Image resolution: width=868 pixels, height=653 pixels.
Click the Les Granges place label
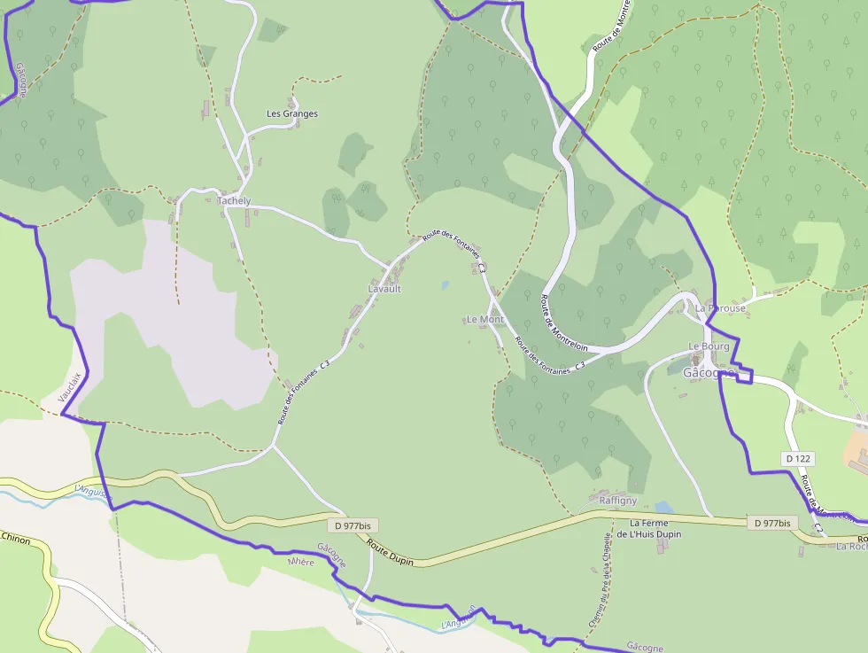[x=292, y=113]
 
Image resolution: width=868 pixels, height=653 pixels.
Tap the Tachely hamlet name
[x=235, y=201]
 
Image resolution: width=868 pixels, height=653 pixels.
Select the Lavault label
[x=384, y=289]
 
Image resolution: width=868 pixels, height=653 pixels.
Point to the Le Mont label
[x=484, y=319]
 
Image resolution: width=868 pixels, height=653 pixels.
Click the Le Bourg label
[x=709, y=346]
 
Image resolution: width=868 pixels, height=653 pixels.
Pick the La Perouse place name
[x=720, y=308]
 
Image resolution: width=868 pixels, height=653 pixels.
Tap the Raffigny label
[x=618, y=501]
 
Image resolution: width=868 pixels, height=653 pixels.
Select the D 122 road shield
[x=798, y=458]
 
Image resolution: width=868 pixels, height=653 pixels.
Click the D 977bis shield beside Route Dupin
[x=348, y=525]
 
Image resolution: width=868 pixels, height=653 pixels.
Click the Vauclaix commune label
[x=70, y=388]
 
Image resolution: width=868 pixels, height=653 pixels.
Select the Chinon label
[x=15, y=538]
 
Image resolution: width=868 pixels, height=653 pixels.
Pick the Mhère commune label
[x=301, y=562]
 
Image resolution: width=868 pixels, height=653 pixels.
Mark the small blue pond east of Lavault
[x=445, y=285]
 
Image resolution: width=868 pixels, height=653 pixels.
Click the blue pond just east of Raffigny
[x=663, y=508]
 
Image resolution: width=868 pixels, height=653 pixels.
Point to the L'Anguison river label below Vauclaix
[x=90, y=489]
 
